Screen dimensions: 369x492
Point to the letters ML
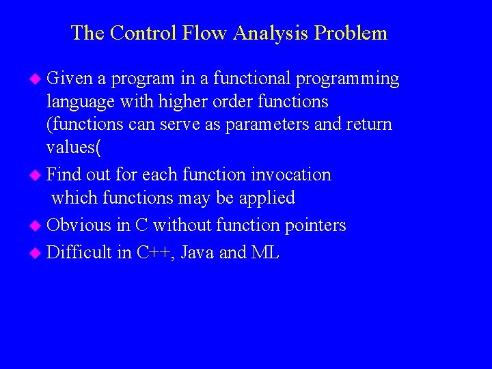coord(265,253)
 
